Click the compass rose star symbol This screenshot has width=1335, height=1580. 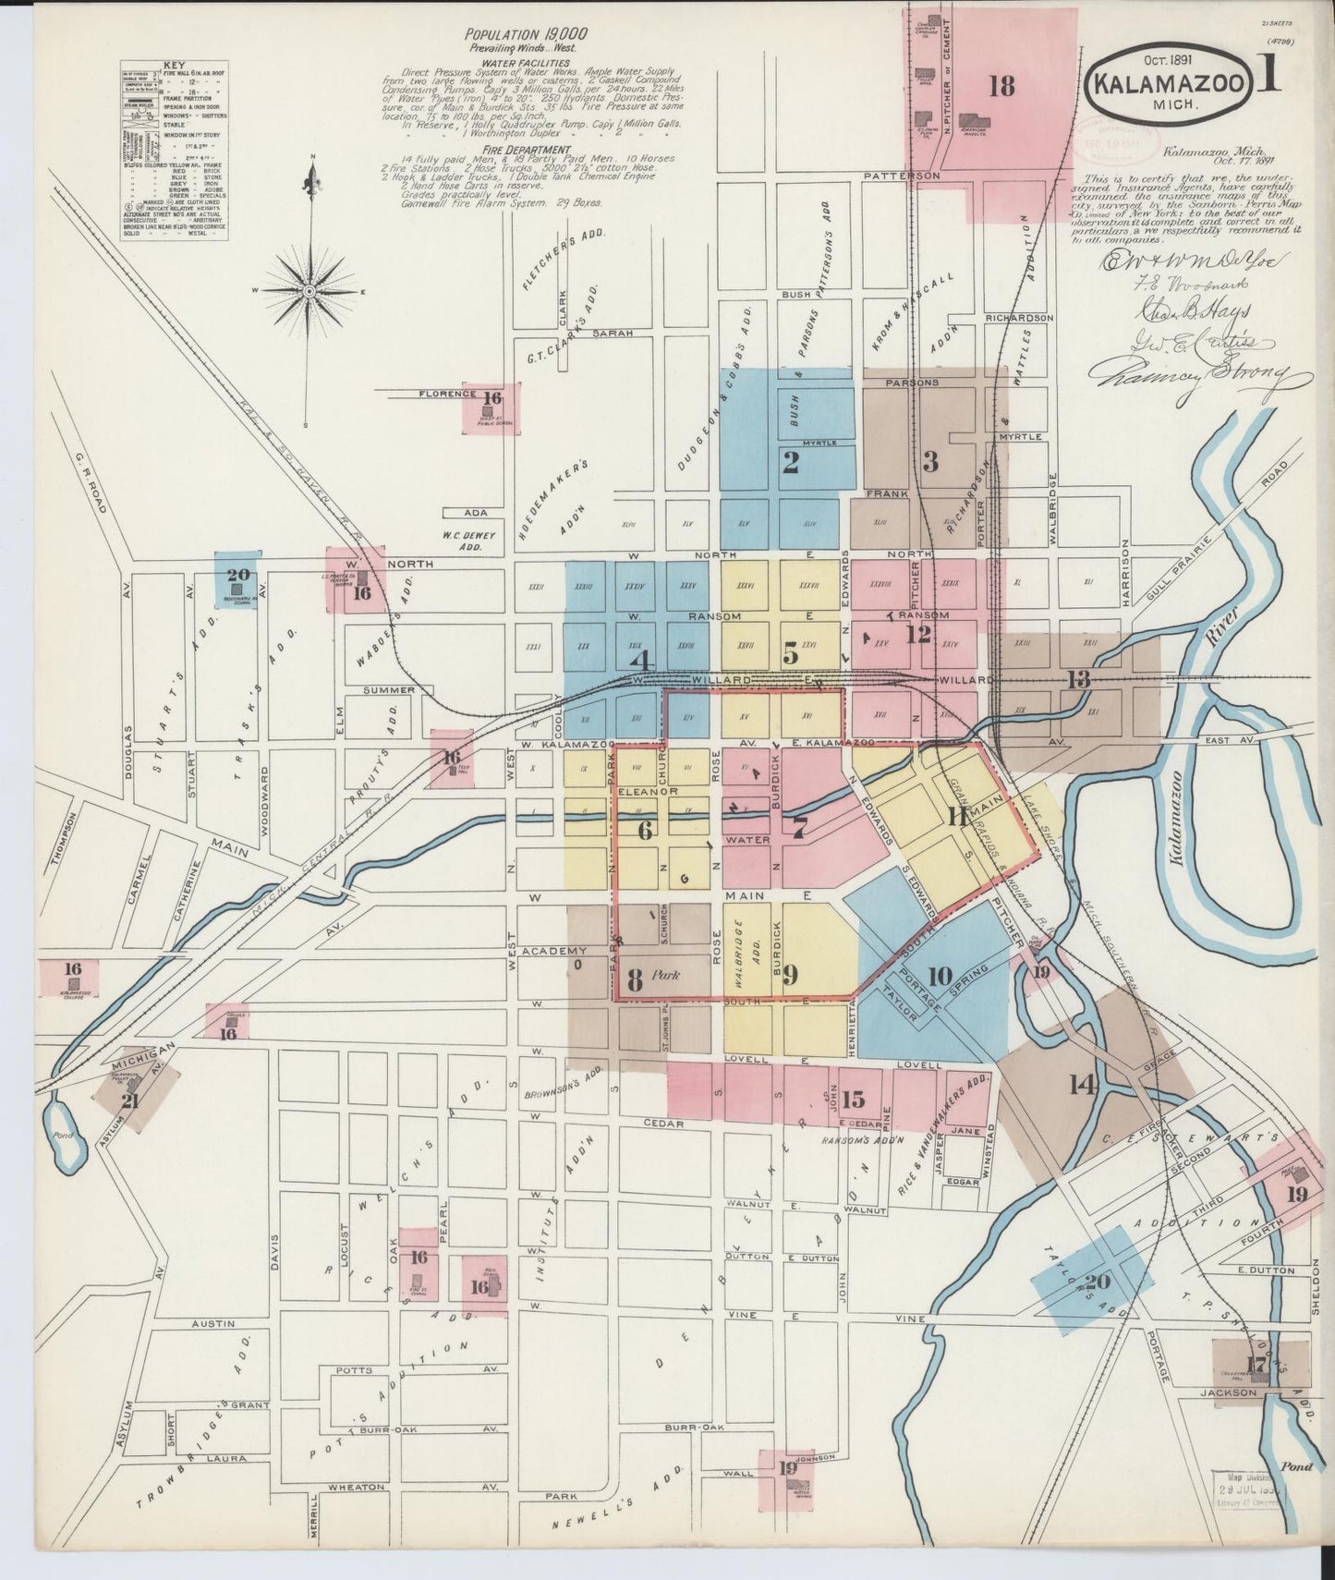(x=309, y=291)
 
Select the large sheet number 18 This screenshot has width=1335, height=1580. (x=1001, y=87)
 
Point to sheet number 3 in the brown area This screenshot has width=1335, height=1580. (x=930, y=461)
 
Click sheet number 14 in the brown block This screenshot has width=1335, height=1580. (x=1082, y=1084)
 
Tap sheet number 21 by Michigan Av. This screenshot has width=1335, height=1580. (x=130, y=1100)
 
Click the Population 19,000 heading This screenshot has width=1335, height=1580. (x=526, y=33)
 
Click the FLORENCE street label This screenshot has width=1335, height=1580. (x=447, y=394)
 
